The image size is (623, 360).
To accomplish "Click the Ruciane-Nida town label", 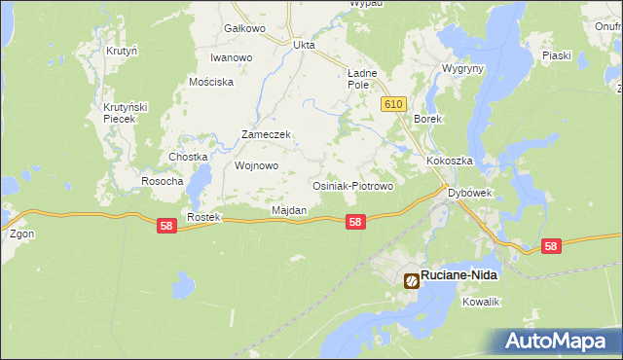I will tap(458, 276).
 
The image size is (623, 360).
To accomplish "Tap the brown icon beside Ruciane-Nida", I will tap(412, 280).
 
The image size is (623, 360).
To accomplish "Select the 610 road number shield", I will tap(393, 104).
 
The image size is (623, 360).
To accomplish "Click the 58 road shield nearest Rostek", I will tap(167, 225).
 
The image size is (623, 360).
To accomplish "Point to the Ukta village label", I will tap(305, 44).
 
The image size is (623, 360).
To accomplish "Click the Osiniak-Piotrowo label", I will tap(350, 185).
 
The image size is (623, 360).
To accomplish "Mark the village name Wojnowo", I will tap(257, 165).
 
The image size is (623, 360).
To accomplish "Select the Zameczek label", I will tap(267, 135).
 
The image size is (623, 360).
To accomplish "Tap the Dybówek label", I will tap(471, 193).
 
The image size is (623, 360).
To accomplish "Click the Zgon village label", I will tap(21, 234).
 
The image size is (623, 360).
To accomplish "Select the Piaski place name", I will tap(557, 55).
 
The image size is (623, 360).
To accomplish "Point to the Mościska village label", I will tap(213, 83).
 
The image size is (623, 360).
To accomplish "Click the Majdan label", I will tap(289, 210).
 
